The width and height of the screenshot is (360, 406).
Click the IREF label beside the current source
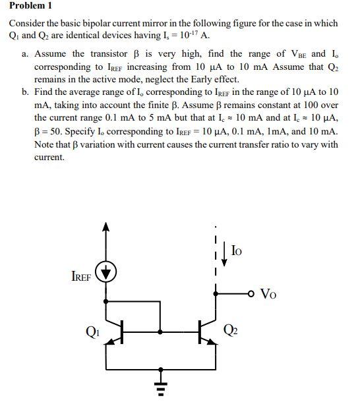coord(81,277)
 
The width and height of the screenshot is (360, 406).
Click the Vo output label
coord(269,293)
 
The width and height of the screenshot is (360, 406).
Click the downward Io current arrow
coord(225,252)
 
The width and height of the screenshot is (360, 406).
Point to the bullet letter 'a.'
coord(25,54)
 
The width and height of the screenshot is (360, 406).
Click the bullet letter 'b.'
coord(25,92)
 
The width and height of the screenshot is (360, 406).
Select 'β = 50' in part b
coord(49,129)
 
